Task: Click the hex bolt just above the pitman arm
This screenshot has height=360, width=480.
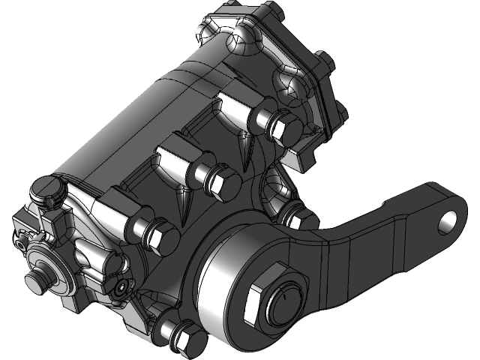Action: click(x=298, y=218)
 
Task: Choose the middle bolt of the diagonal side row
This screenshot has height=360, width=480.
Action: click(x=222, y=182)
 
